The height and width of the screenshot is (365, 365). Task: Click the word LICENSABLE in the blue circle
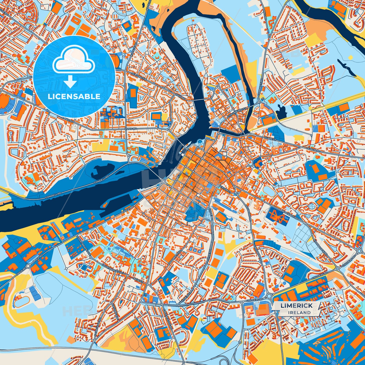(74, 96)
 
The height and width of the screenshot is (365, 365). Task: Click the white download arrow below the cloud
(70, 82)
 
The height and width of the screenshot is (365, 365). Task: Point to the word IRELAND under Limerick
(299, 312)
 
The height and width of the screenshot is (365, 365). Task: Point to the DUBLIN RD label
(313, 150)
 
